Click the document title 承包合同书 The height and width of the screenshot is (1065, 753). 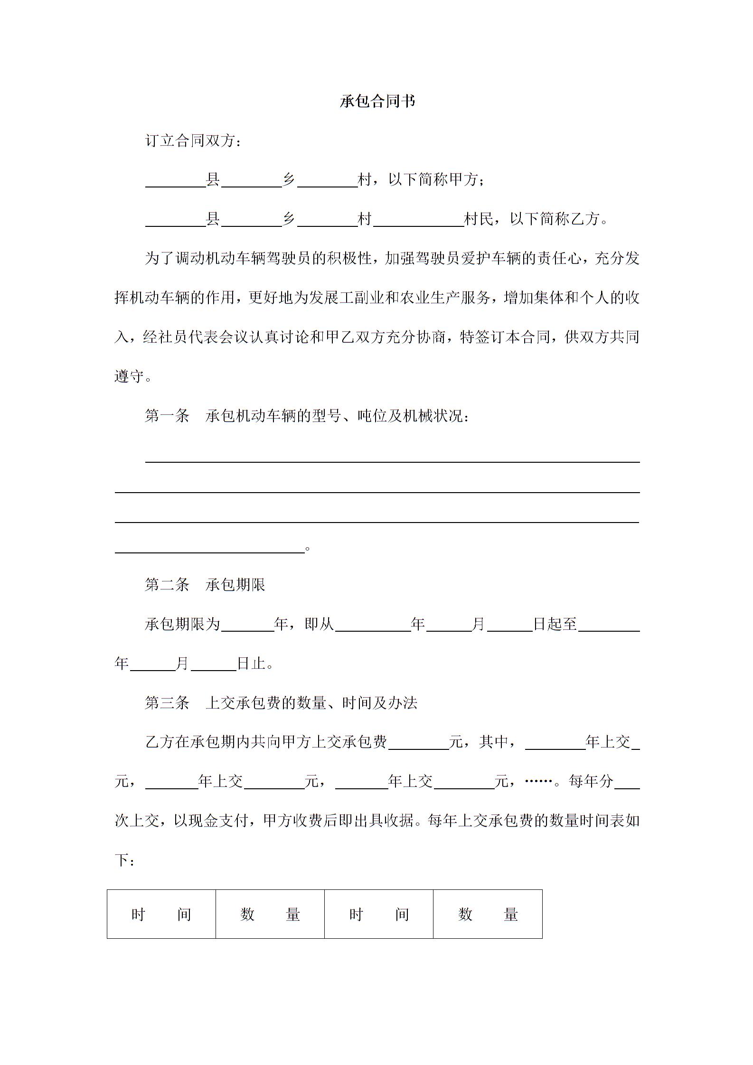click(x=377, y=101)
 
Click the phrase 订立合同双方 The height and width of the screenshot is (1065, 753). click(x=190, y=140)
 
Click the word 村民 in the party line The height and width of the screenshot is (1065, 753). click(x=479, y=219)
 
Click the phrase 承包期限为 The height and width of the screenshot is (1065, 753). click(x=183, y=624)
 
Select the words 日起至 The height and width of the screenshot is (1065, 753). click(x=555, y=624)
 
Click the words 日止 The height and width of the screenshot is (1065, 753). click(x=251, y=663)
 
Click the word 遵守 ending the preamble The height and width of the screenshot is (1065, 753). click(x=129, y=376)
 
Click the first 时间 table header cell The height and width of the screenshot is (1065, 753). click(x=161, y=914)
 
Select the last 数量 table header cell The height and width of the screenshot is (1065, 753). click(x=488, y=914)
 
